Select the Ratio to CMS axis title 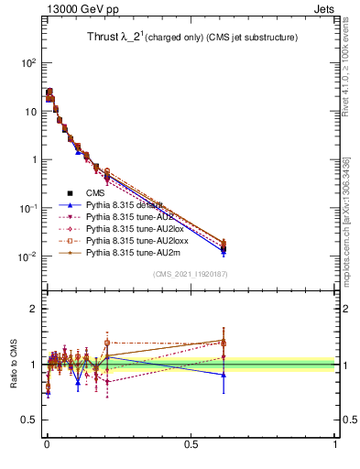click(x=14, y=364)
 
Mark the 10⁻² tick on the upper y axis click(x=28, y=256)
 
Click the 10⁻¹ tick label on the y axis click(x=28, y=208)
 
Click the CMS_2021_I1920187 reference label click(x=189, y=274)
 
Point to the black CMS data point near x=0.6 click(x=224, y=248)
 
